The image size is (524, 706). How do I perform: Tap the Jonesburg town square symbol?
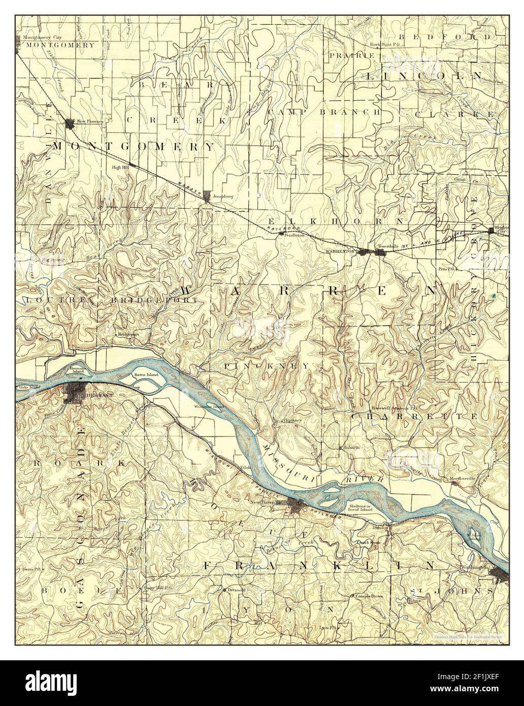(207, 195)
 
